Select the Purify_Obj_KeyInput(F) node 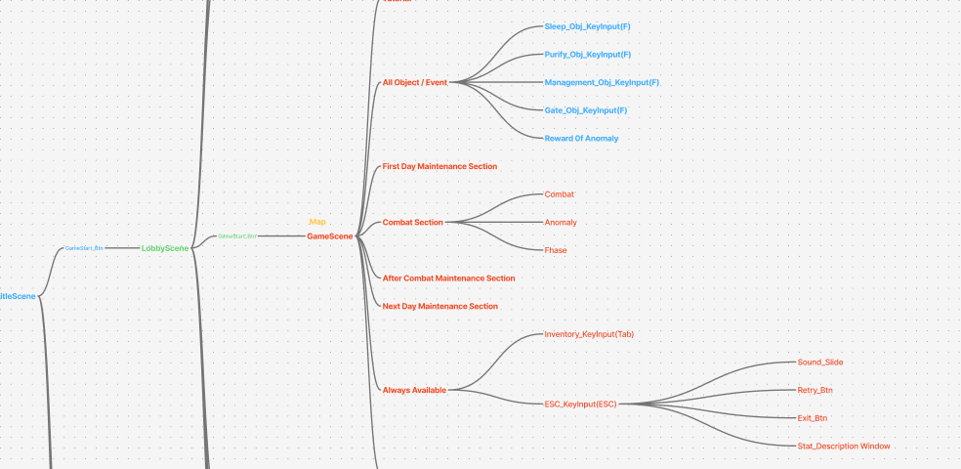pos(587,55)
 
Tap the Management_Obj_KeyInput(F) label pos(602,83)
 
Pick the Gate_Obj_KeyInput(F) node pos(585,110)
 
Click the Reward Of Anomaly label pos(581,139)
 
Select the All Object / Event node pos(414,83)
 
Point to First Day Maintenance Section pos(439,167)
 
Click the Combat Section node pos(412,223)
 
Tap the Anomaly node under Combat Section pos(561,223)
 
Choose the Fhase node pos(556,251)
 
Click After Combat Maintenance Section pos(448,278)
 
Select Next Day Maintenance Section pos(439,307)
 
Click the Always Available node pos(414,391)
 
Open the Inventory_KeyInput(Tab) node pos(589,335)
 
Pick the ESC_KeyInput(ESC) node pos(580,405)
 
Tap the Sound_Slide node pos(820,362)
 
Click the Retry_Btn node pos(815,391)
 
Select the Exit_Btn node pos(813,418)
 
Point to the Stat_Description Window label pos(844,447)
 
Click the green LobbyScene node pos(165,248)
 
